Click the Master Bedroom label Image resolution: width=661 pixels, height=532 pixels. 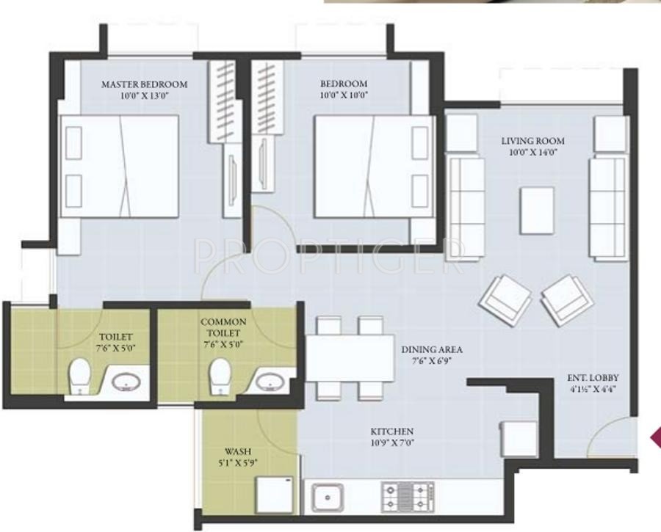[144, 84]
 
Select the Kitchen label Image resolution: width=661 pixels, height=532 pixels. [392, 431]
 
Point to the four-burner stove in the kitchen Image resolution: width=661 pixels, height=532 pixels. [407, 497]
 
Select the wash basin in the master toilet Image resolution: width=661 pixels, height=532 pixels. [129, 382]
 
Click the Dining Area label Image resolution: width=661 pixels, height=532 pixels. [431, 349]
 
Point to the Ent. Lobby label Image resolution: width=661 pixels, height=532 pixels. [590, 379]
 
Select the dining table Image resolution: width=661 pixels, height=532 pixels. [350, 358]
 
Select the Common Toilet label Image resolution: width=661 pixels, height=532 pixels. [223, 327]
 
